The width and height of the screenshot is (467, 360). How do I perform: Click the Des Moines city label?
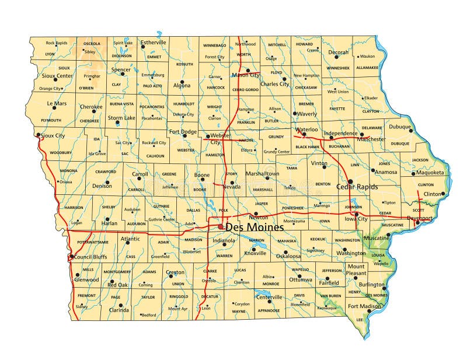coord(255,227)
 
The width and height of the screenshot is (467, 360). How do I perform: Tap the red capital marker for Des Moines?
coord(221,226)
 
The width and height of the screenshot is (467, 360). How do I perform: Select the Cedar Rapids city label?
coord(357,187)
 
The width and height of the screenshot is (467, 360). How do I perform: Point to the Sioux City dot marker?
coord(39,135)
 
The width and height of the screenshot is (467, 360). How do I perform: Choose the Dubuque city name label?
coord(400,127)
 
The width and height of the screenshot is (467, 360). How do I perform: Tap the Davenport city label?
coord(420,218)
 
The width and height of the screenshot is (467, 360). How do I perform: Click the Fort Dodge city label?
coord(183,131)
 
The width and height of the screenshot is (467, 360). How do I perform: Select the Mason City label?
coord(246,75)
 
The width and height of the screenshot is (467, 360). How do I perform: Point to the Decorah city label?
coord(338,53)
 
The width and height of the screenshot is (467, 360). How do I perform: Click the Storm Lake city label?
coord(121,118)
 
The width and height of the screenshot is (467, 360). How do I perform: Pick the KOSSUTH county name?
coord(184,64)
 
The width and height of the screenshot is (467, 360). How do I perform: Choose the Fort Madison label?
coord(364,306)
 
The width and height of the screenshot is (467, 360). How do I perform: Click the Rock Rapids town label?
coord(57,43)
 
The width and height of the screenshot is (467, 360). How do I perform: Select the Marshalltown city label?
coord(262,174)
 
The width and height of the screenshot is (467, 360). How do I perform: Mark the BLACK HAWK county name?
coord(306,146)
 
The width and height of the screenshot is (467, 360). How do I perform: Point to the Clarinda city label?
coord(119,310)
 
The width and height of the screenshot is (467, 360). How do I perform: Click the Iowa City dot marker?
coord(356,214)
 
